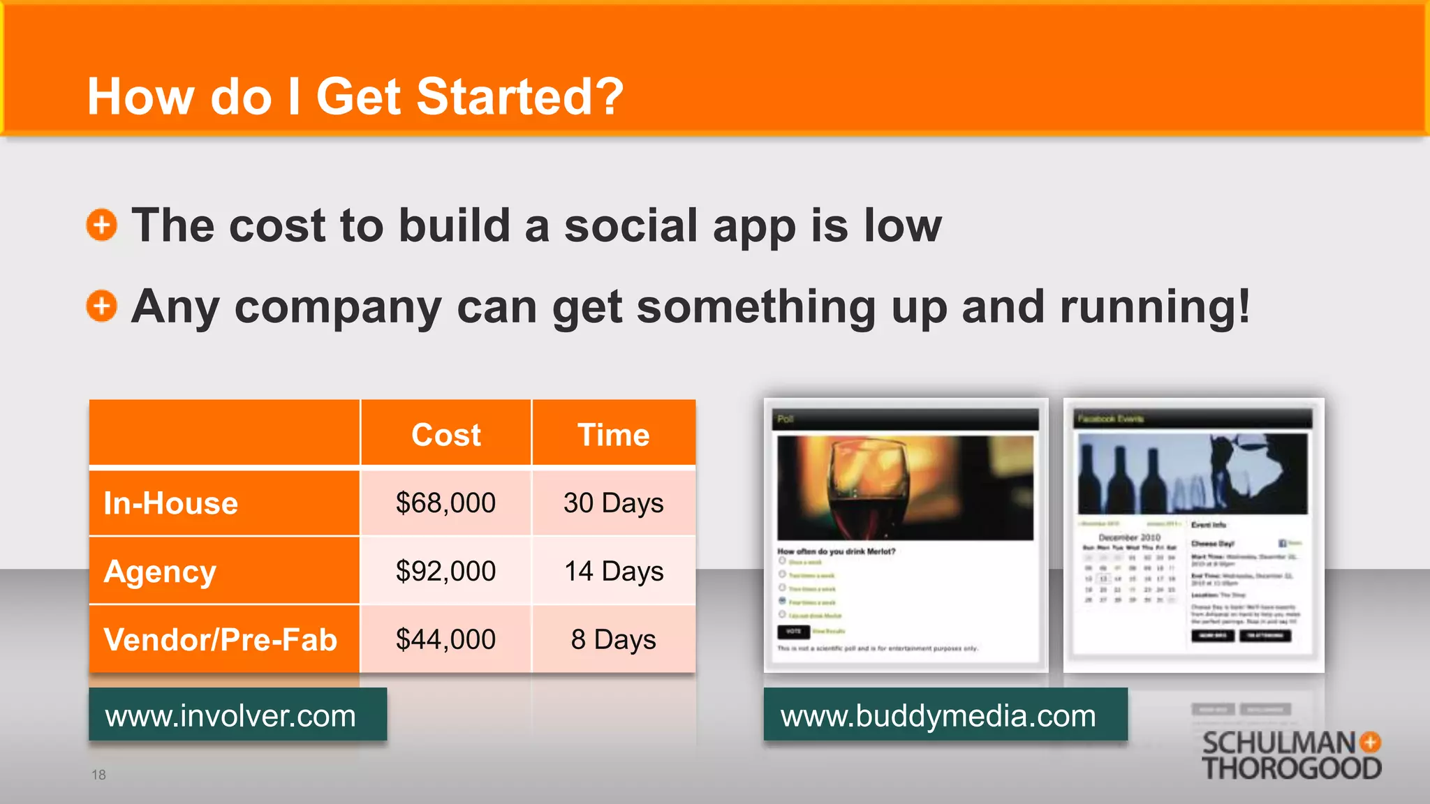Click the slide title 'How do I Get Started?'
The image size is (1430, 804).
[x=355, y=96]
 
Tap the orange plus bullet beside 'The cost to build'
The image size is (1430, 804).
[x=102, y=225]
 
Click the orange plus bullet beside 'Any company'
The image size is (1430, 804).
[x=102, y=306]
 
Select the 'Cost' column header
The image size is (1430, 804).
[x=445, y=435]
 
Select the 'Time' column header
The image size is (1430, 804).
[x=613, y=435]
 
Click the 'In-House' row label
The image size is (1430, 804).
[x=171, y=503]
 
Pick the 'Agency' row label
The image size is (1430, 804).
[x=160, y=572]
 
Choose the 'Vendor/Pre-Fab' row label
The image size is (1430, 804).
[x=221, y=639]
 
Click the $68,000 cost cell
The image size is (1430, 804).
[x=445, y=503]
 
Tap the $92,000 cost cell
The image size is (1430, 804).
[x=445, y=572]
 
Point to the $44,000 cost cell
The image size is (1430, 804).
[x=445, y=639]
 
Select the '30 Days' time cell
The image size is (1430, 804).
[x=613, y=503]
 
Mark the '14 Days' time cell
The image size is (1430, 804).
[x=613, y=572]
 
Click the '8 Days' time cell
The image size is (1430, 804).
[x=613, y=639]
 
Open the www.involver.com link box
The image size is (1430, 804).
[x=237, y=715]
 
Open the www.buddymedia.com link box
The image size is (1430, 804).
[x=945, y=715]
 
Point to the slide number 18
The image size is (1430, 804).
[x=98, y=775]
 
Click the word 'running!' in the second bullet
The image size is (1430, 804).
[x=1155, y=307]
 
